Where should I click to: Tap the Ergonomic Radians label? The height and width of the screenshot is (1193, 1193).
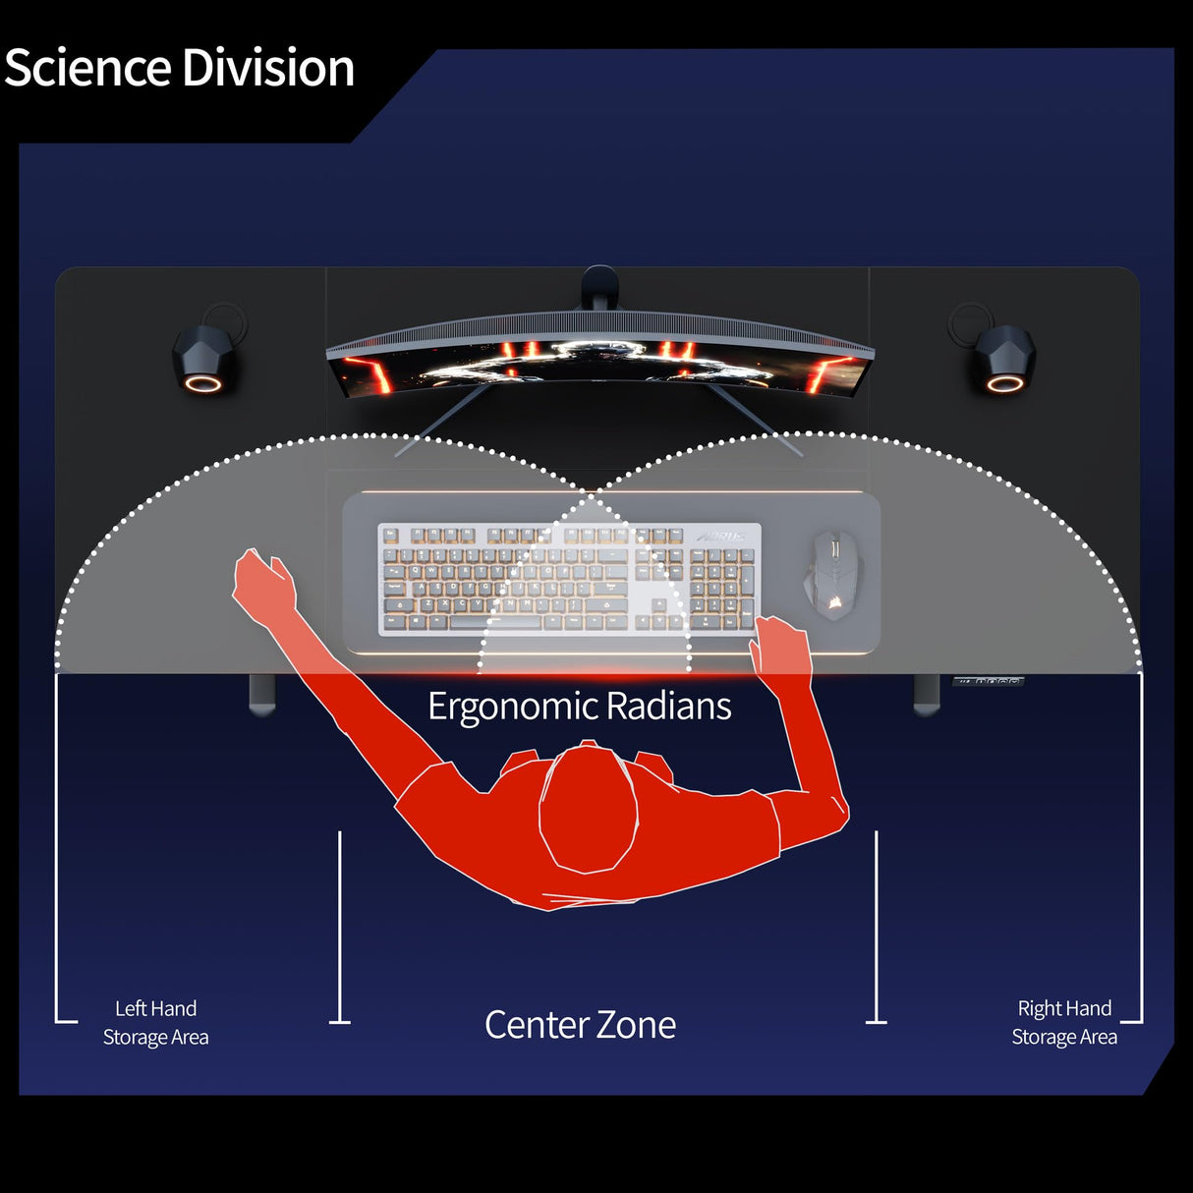point(580,707)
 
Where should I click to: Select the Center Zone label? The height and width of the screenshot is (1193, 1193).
point(580,1025)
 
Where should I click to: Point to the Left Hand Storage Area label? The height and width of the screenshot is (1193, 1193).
point(155,1023)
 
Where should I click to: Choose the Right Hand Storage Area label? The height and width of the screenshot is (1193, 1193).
point(1064,1023)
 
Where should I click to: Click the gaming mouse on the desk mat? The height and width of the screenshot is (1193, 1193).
point(833,575)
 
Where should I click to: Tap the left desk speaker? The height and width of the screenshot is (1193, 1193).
point(204,360)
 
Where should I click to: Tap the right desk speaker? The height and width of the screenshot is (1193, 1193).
point(1004,360)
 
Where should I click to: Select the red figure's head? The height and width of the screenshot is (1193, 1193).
point(588,811)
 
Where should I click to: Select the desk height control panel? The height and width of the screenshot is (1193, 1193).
point(988,680)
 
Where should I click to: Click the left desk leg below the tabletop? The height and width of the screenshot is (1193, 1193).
point(262,694)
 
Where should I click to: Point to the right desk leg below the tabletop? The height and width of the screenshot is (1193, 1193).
point(927,694)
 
